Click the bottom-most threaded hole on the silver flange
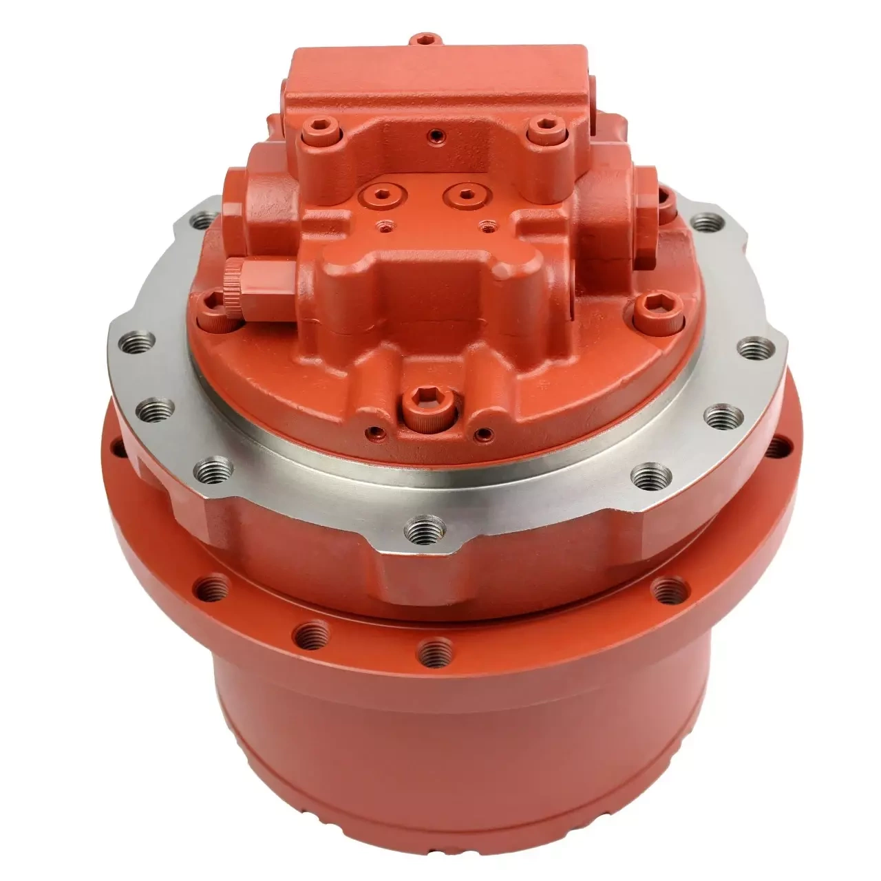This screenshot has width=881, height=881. click(x=420, y=530)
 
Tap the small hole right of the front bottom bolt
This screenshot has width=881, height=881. click(x=485, y=432)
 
